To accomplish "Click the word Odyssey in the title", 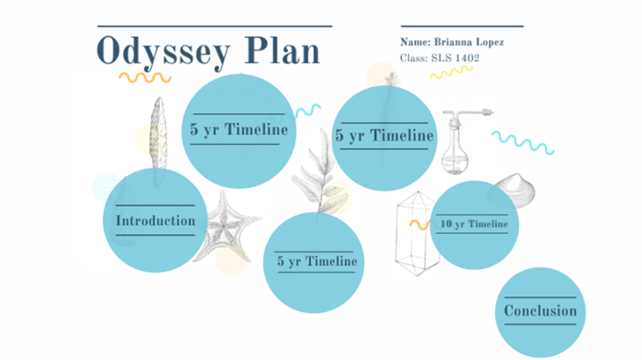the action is (x=164, y=52).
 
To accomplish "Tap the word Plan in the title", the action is (x=282, y=51).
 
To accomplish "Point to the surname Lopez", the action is (x=489, y=43).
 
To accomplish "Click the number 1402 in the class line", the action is (x=467, y=58).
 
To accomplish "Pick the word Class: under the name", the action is (x=414, y=58).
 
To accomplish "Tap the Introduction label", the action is (x=155, y=221).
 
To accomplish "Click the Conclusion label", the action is (x=541, y=311).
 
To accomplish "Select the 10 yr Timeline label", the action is (x=474, y=224).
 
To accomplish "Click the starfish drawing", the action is (x=225, y=227).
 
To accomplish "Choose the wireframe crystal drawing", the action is (x=414, y=233).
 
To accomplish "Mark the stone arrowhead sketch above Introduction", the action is (x=158, y=135).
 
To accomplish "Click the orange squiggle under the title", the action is (x=145, y=77).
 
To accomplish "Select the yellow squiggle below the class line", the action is (x=452, y=72).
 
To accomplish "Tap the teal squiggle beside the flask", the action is (x=523, y=143).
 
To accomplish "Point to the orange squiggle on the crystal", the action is (x=419, y=224).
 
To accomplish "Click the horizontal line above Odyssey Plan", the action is (x=215, y=26).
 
